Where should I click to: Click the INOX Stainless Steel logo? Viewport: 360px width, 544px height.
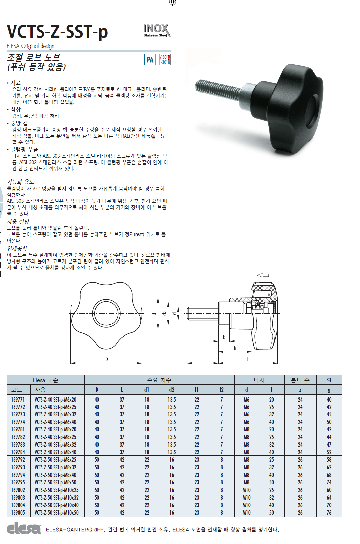(x=157, y=30)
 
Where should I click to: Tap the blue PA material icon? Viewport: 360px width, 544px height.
(x=150, y=60)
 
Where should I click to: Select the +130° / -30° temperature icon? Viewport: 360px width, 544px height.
(x=165, y=60)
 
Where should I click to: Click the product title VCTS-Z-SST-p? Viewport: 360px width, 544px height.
(x=57, y=32)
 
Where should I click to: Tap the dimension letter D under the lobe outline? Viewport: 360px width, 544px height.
(x=106, y=359)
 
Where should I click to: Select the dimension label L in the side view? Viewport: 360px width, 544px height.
(x=248, y=359)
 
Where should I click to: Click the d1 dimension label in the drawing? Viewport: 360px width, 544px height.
(x=154, y=313)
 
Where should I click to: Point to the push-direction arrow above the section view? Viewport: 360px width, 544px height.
(x=263, y=275)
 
